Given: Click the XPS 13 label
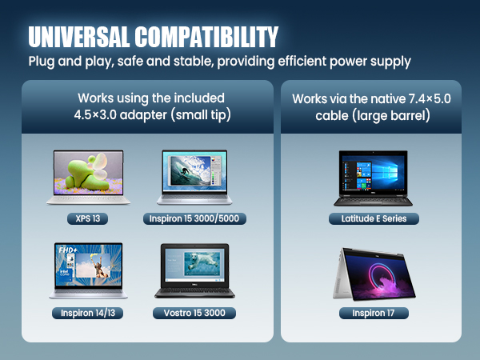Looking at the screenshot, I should coord(89,218).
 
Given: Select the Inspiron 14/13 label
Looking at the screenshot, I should coord(88,313).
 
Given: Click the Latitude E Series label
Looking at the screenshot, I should coord(374,218).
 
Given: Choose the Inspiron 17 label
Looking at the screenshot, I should coord(374,313).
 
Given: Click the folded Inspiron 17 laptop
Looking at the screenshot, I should coord(374,272).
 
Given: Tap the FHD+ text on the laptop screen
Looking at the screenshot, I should coord(67,250).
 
